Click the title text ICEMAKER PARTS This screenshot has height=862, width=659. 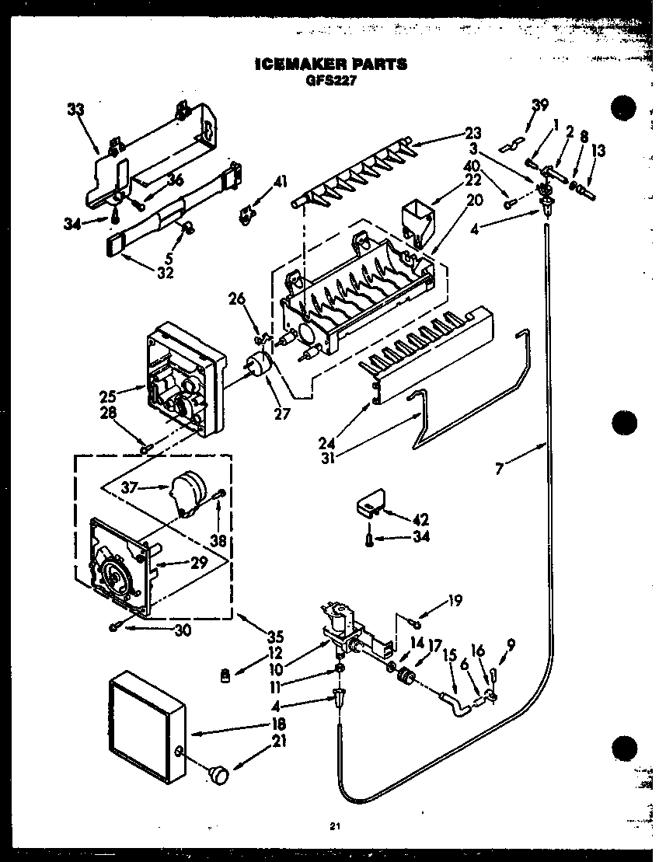pyautogui.click(x=330, y=65)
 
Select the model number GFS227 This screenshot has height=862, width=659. pyautogui.click(x=330, y=79)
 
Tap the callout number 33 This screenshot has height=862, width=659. pyautogui.click(x=75, y=110)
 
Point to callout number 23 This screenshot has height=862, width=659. pyautogui.click(x=473, y=132)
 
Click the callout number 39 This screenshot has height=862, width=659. pyautogui.click(x=539, y=106)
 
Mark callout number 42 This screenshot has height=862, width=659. pyautogui.click(x=421, y=519)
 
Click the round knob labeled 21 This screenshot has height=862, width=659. pyautogui.click(x=219, y=773)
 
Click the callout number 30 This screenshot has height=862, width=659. pyautogui.click(x=182, y=630)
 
